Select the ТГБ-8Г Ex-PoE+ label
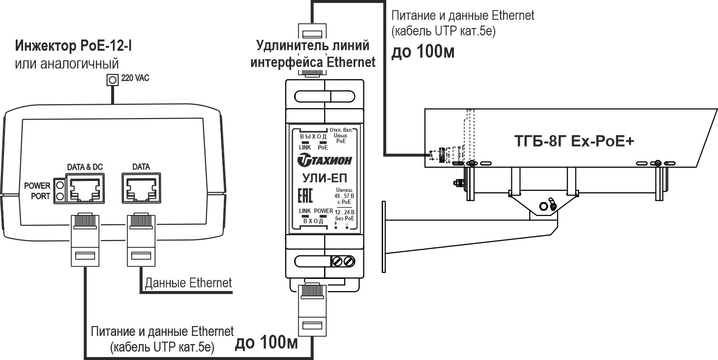[573, 141]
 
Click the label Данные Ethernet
[188, 283]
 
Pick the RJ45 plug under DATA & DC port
[85, 239]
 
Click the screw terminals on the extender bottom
[344, 261]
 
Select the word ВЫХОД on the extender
[313, 136]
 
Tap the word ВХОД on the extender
[313, 221]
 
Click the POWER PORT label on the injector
[37, 191]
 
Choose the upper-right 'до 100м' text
[422, 52]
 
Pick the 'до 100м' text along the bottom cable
[267, 343]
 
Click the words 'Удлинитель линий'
[313, 47]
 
